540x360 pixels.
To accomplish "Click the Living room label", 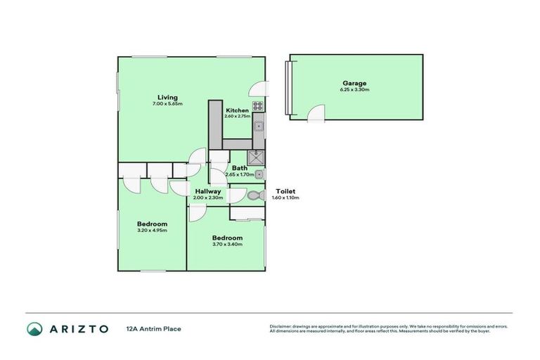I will (167, 97).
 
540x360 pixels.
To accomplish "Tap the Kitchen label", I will (237, 110).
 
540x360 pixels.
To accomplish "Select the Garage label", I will (354, 83).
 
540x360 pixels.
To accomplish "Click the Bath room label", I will (240, 168).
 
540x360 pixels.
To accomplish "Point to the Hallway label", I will (208, 191).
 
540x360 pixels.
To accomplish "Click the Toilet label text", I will (285, 191).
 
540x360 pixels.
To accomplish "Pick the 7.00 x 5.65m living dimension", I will (167, 104).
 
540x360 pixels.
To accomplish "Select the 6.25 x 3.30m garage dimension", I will (354, 90).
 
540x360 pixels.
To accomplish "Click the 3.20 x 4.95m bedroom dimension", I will (152, 230).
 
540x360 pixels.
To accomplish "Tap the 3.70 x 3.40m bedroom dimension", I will (227, 245).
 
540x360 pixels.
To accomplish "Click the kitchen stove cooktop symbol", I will (258, 108).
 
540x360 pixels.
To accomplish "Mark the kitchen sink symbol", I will (259, 127).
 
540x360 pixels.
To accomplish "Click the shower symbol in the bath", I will (257, 158).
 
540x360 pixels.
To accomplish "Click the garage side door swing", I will (316, 112).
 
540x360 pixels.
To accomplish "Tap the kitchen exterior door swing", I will (260, 89).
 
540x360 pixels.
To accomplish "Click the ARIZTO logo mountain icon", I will (34, 328).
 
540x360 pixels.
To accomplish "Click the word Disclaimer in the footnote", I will (282, 326).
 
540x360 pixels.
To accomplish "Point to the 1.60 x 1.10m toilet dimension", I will (285, 198).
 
